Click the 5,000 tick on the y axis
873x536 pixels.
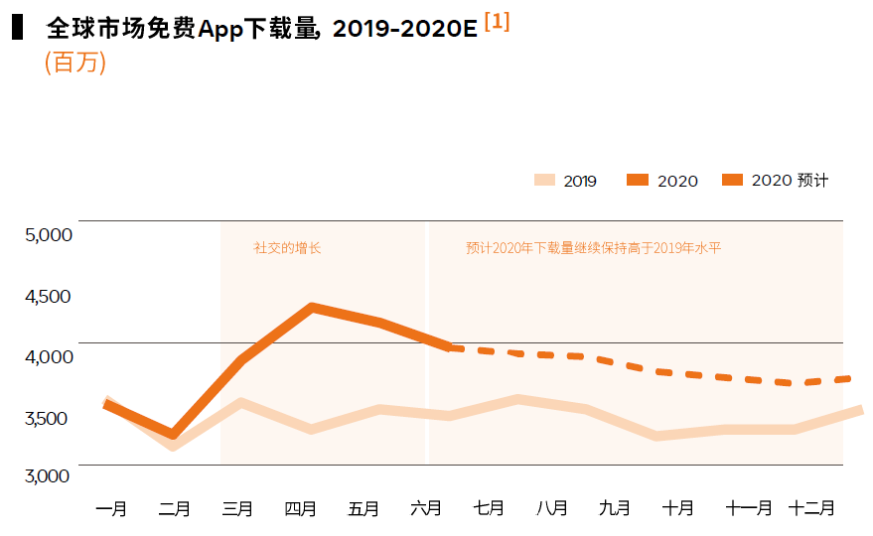click(x=49, y=234)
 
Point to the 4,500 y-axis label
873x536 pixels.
click(x=49, y=296)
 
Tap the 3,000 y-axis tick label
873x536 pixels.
click(x=49, y=475)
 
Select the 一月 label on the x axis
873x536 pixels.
click(x=111, y=509)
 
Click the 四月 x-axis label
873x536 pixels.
click(x=300, y=509)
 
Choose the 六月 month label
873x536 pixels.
click(x=426, y=509)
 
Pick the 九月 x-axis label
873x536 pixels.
click(x=615, y=509)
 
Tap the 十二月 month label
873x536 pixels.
click(x=811, y=509)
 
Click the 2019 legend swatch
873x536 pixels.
click(x=544, y=180)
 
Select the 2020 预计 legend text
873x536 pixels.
click(x=790, y=180)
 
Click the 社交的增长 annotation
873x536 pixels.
click(x=287, y=248)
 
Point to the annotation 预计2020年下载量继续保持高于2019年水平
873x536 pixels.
click(x=593, y=248)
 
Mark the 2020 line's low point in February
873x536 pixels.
click(x=174, y=435)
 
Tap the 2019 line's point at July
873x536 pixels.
click(x=518, y=399)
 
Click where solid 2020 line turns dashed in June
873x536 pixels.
click(x=450, y=347)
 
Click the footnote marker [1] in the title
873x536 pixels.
click(x=497, y=22)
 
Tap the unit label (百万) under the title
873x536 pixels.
click(x=75, y=63)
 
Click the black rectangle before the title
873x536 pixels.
click(x=17, y=28)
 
